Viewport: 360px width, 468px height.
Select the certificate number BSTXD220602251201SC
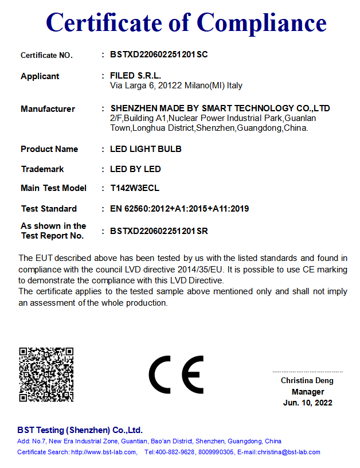point(159,55)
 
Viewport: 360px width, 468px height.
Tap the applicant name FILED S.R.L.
point(135,76)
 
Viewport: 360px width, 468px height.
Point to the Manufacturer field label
point(48,109)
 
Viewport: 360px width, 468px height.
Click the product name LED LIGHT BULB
point(146,149)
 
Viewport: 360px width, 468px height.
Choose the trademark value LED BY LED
point(135,169)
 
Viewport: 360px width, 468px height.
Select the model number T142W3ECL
point(135,188)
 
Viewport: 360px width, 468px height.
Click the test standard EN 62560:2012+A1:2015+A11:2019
point(179,209)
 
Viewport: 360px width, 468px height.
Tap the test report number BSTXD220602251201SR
point(159,231)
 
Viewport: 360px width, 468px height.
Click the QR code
point(46,374)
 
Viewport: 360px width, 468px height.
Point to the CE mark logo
point(176,375)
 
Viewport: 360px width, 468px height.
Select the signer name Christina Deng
point(307,381)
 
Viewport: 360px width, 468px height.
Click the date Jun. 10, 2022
point(307,403)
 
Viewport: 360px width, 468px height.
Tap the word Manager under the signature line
point(307,392)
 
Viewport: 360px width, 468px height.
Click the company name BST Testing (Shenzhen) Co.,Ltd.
point(80,430)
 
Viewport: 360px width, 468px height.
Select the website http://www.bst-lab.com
point(103,452)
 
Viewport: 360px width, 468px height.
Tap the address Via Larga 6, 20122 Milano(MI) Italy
point(176,85)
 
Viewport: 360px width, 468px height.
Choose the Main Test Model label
point(53,188)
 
